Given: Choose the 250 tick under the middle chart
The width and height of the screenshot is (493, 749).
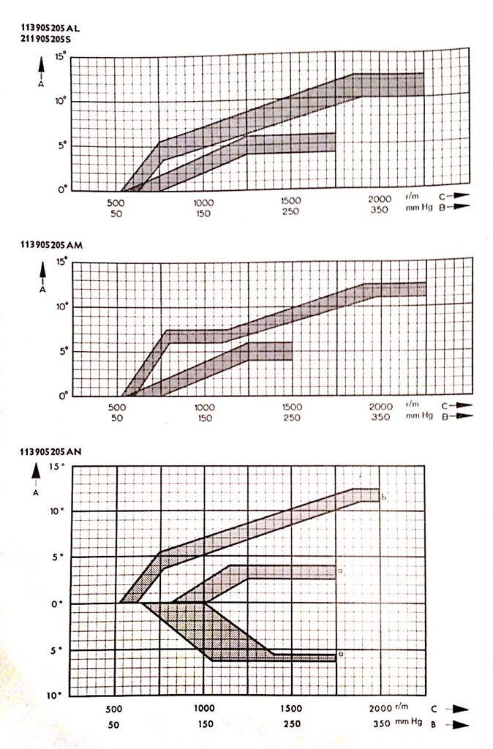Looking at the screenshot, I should tap(292, 418).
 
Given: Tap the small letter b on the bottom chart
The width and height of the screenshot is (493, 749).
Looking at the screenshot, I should tap(383, 497).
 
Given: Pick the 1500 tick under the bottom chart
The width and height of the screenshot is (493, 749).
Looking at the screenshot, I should tap(292, 709).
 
